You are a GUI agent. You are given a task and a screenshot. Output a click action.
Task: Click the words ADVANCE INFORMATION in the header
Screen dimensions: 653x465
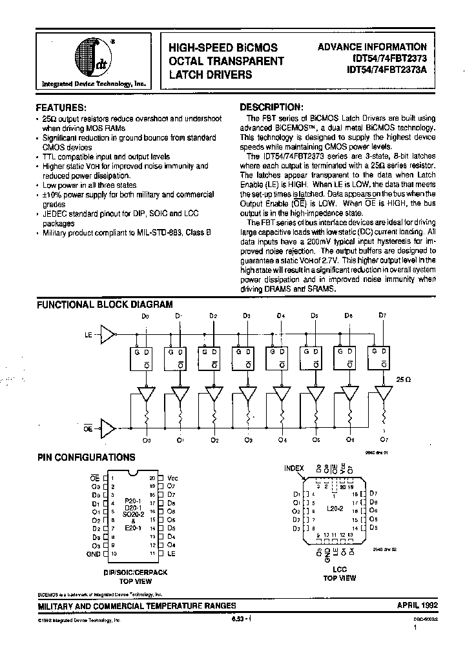[372, 47]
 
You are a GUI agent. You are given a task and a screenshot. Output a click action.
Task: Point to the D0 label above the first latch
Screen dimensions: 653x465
[145, 316]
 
